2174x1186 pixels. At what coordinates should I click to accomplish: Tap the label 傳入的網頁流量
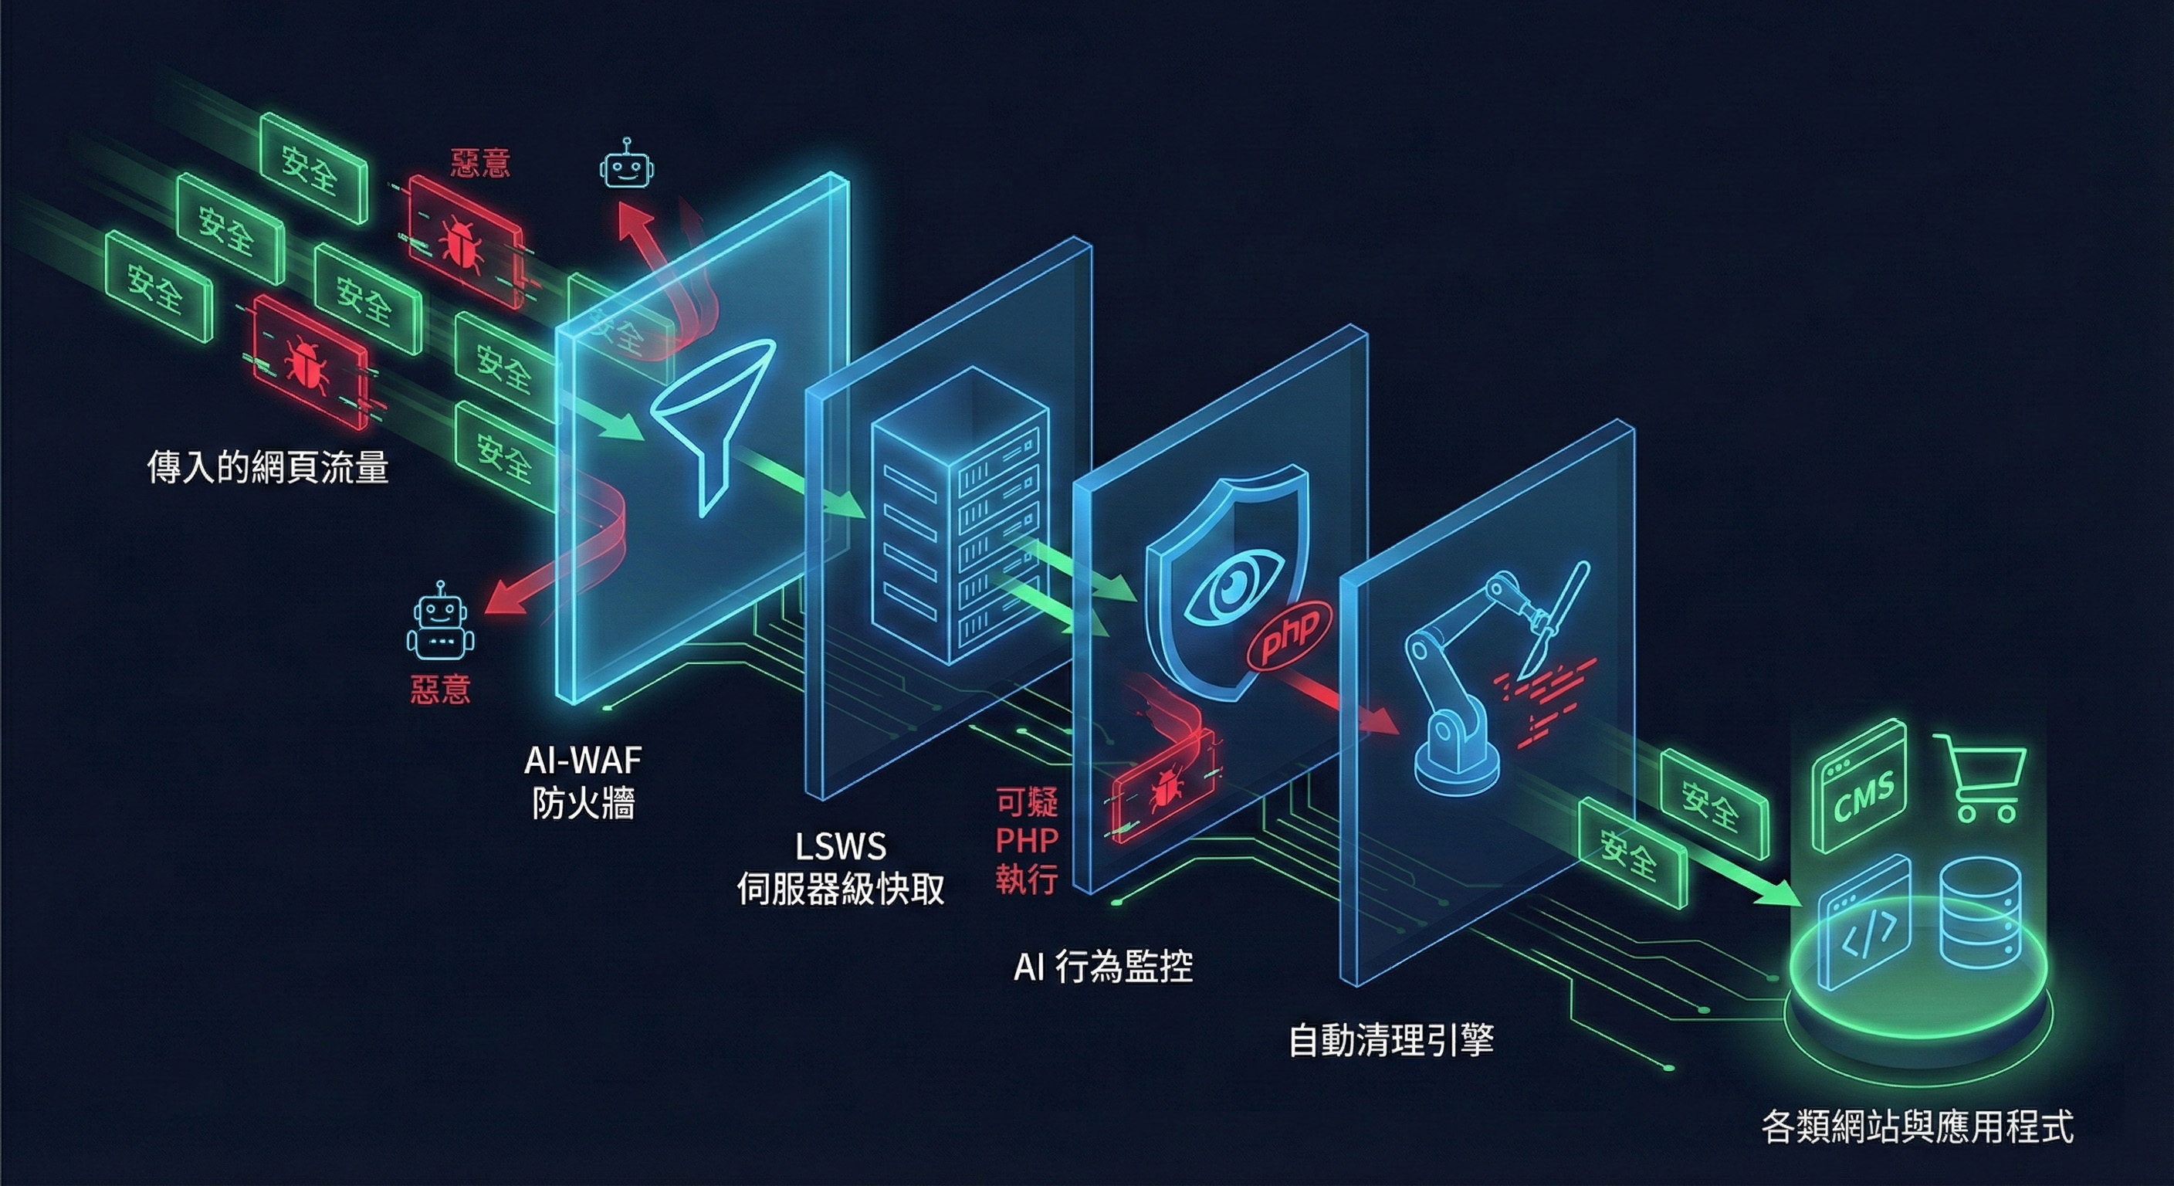point(268,467)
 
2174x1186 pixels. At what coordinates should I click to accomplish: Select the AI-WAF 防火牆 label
point(583,782)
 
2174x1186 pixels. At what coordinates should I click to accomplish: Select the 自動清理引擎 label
point(1391,1041)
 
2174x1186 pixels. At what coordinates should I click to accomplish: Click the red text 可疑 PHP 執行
point(1026,841)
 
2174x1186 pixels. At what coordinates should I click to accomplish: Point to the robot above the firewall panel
point(626,164)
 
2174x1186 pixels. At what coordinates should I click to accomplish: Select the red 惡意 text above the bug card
point(480,162)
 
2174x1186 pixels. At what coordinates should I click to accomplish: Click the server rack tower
point(960,515)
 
